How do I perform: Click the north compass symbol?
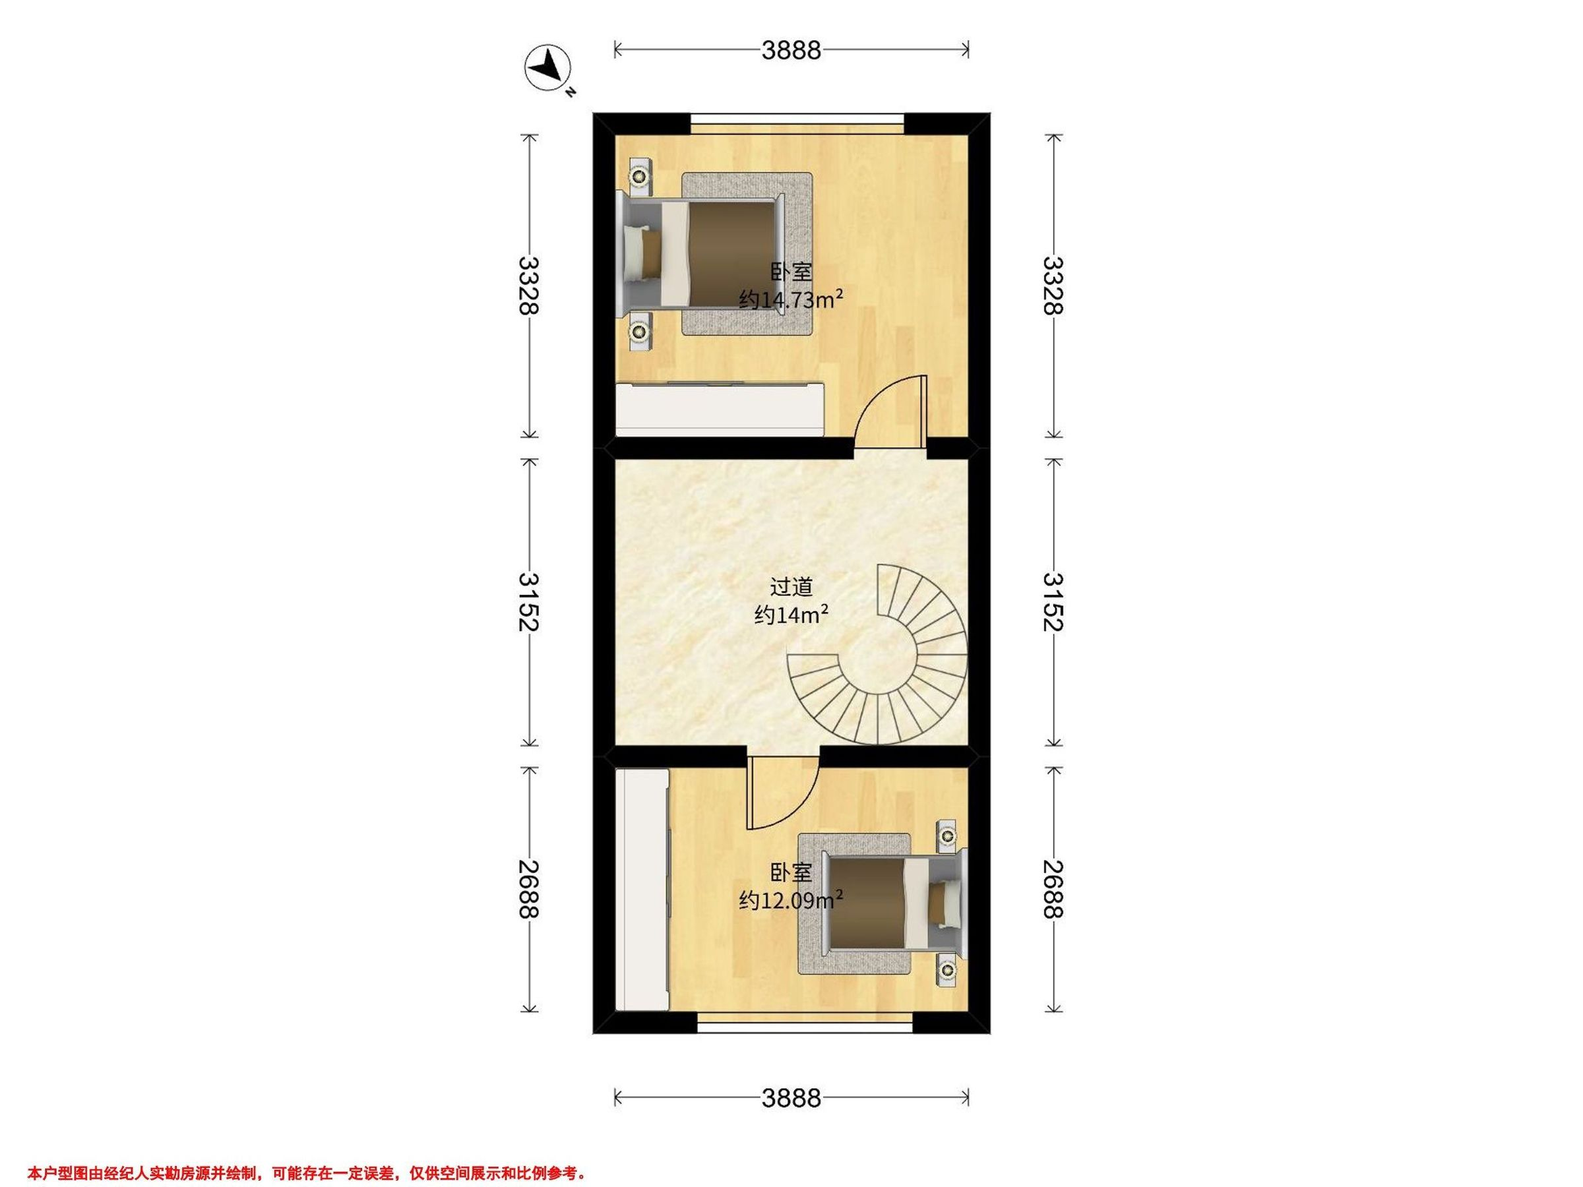click(x=548, y=68)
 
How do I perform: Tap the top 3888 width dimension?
click(x=791, y=49)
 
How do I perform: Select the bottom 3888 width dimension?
click(x=791, y=1097)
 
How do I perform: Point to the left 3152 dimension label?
click(x=529, y=601)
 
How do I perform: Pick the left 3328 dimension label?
click(x=529, y=286)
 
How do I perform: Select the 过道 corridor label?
click(x=791, y=588)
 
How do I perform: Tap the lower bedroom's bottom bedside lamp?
click(x=948, y=969)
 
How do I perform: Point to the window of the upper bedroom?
click(x=797, y=125)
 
